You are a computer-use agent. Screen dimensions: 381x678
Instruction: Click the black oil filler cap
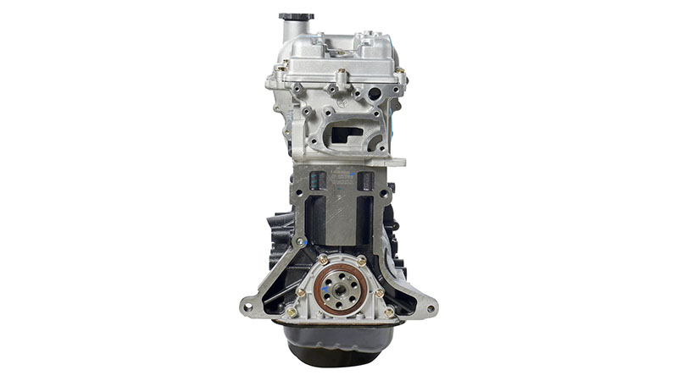pos(296,16)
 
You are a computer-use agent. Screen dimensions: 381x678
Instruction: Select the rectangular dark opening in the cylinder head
pos(347,134)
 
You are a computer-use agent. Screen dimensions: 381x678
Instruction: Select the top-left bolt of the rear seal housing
pos(323,259)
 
